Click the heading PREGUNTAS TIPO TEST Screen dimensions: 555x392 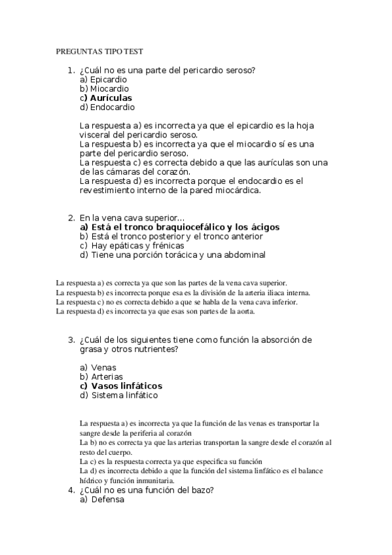click(x=99, y=51)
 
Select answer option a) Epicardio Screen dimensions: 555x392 click(x=103, y=79)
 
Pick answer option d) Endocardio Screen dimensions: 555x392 click(x=107, y=107)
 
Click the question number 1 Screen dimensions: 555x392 click(x=70, y=70)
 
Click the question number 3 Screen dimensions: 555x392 click(x=70, y=340)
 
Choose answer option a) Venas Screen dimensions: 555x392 click(x=98, y=367)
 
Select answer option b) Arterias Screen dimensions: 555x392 click(x=102, y=376)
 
